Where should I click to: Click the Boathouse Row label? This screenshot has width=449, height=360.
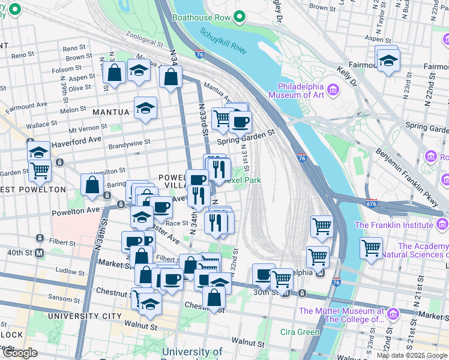201,17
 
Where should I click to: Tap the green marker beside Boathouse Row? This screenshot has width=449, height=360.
240,17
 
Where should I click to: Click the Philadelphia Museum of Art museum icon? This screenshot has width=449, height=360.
334,90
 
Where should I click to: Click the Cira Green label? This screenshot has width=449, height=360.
300,332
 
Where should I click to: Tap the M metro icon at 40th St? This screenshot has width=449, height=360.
40,253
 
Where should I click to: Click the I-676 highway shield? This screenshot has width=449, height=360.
372,204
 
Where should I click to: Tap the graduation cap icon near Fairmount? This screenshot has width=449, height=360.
388,60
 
